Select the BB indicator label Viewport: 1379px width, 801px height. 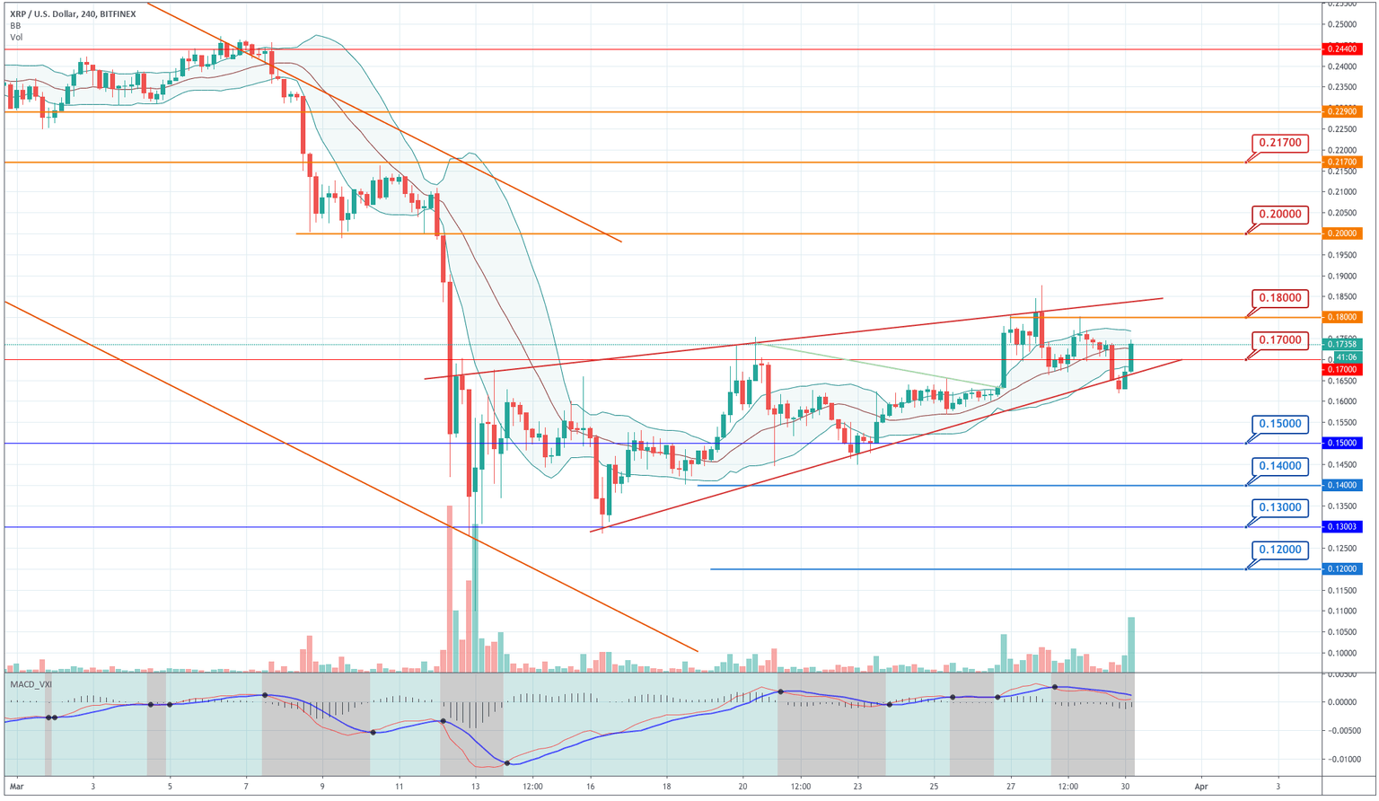pos(15,26)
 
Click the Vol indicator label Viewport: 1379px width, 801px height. pos(16,37)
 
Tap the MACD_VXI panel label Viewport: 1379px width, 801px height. pos(31,684)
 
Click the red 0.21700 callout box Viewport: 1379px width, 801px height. pos(1280,143)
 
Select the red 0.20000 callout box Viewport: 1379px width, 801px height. pos(1280,215)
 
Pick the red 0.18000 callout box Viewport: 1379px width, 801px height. pos(1280,298)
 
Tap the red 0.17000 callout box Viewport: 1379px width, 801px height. pos(1280,340)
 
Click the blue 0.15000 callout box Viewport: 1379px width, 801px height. pos(1280,424)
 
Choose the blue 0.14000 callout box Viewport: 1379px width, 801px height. pos(1280,466)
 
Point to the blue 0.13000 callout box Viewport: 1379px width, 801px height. pos(1280,507)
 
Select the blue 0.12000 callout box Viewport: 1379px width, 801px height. pos(1280,550)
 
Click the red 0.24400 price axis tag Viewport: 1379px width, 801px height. pos(1341,49)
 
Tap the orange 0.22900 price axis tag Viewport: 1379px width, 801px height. pos(1341,111)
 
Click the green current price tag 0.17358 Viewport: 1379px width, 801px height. pos(1341,344)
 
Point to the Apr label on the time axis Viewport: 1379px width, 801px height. pos(1201,786)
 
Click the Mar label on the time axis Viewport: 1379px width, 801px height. pos(16,786)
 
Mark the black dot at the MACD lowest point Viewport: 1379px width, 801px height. pos(507,763)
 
